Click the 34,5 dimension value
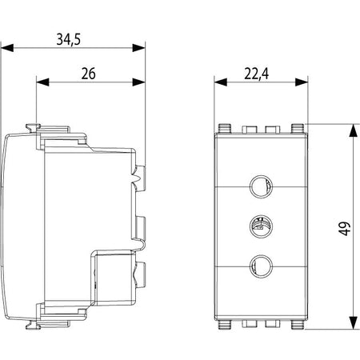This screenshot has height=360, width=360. pyautogui.click(x=68, y=39)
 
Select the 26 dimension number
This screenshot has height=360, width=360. pyautogui.click(x=88, y=74)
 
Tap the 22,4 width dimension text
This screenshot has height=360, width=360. pyautogui.click(x=257, y=74)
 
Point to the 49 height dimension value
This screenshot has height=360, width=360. pyautogui.click(x=345, y=228)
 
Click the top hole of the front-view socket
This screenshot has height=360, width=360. pyautogui.click(x=261, y=186)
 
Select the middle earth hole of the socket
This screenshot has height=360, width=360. pyautogui.click(x=261, y=226)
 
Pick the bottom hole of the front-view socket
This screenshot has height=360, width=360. pyautogui.click(x=261, y=266)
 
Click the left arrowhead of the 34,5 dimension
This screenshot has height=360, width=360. pyautogui.click(x=7, y=48)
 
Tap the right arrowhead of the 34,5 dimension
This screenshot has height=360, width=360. pyautogui.click(x=138, y=48)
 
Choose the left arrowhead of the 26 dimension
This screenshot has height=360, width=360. pyautogui.click(x=42, y=82)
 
